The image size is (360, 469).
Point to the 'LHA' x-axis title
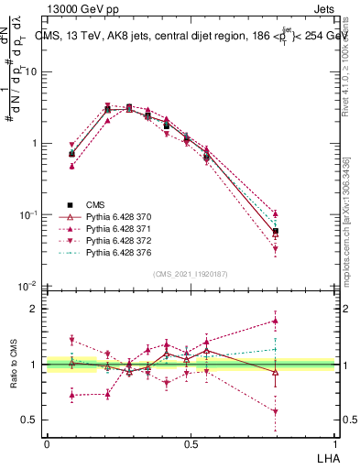pos(327,457)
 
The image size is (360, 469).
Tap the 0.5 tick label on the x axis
pos(191,444)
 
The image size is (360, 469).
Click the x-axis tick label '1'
pos(334,444)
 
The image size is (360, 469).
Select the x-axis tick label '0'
pos(47,444)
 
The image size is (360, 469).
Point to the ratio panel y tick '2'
pos(35,309)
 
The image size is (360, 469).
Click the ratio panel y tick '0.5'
pos(30,420)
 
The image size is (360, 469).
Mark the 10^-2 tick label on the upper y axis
pos(28,287)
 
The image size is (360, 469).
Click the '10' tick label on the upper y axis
pos(32,71)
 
